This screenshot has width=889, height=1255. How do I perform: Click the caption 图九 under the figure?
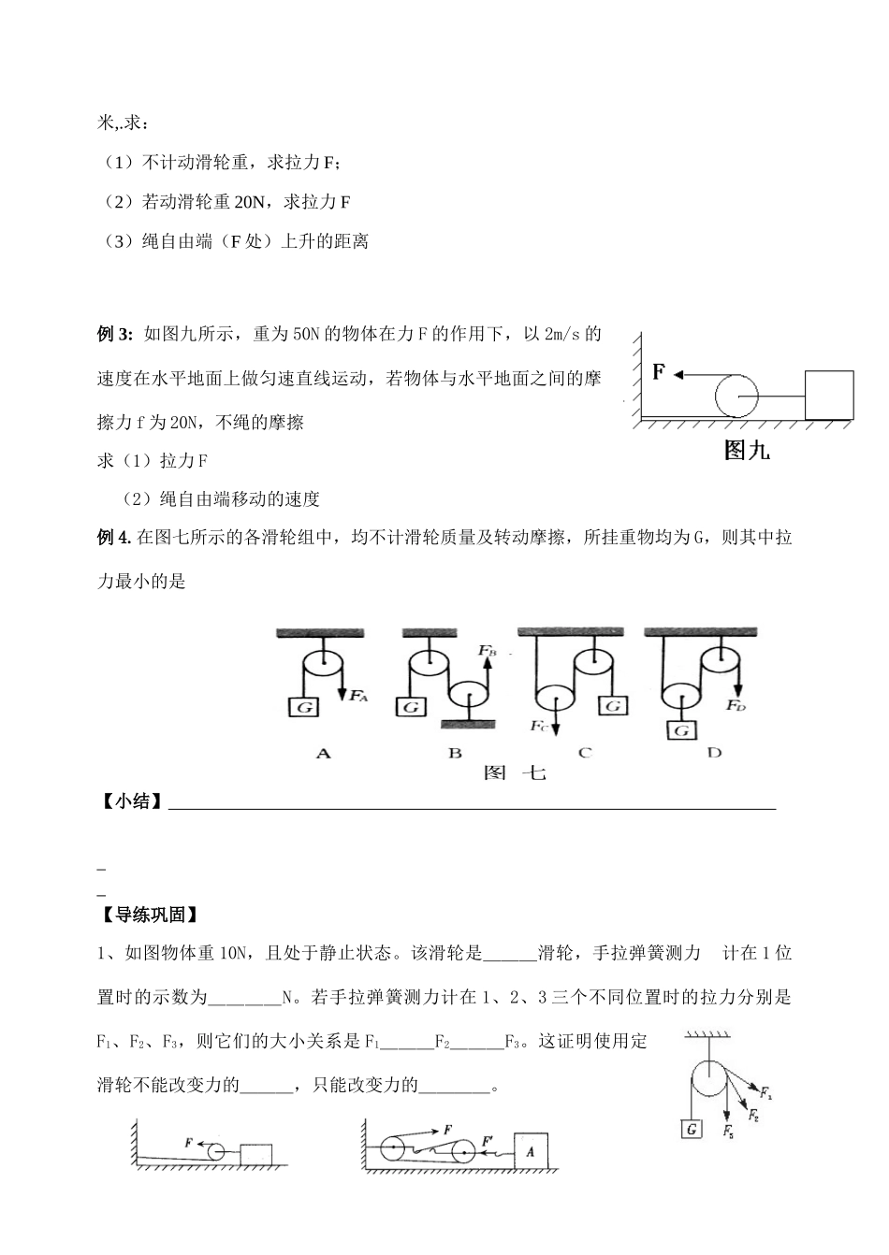click(747, 452)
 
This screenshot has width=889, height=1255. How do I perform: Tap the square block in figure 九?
click(829, 394)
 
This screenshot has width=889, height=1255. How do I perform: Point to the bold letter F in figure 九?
click(659, 372)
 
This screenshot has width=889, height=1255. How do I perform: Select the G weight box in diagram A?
click(304, 707)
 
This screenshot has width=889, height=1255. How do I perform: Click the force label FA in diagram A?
click(358, 697)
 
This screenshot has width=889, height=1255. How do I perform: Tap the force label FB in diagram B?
click(488, 649)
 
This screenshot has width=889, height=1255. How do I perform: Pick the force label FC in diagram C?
click(537, 726)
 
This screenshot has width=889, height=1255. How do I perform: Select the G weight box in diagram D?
click(683, 729)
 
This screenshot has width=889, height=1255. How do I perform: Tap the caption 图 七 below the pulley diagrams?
click(514, 773)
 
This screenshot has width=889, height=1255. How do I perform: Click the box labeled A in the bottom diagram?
click(530, 1152)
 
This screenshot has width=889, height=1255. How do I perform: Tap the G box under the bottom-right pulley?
click(692, 1129)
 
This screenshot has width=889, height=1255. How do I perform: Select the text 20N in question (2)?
click(247, 201)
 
